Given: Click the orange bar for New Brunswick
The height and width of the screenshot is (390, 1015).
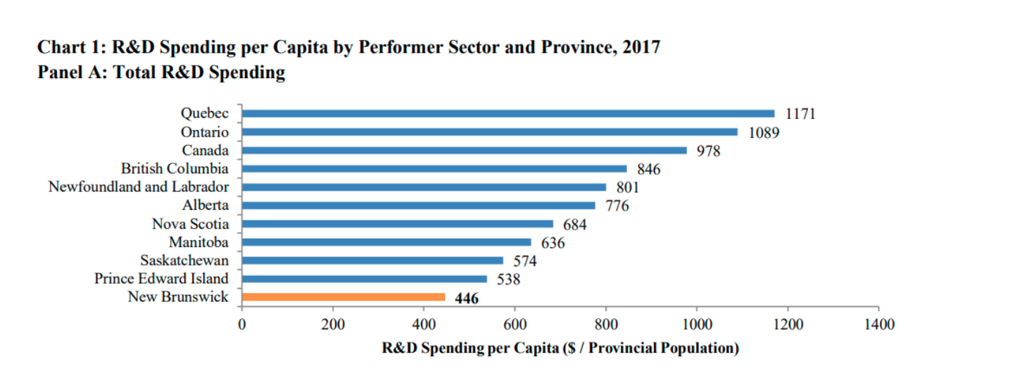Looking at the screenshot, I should coord(343,297).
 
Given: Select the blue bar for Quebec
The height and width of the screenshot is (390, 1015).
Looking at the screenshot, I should coord(507,113).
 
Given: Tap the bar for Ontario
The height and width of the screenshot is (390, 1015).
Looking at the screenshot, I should coord(489,132).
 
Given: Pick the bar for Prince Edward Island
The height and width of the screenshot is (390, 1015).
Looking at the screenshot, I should coord(364,279).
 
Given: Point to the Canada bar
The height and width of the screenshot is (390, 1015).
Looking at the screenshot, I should coord(464,150).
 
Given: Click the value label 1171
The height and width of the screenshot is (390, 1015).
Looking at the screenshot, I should coord(800,114).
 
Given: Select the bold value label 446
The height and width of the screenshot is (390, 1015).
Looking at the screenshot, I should coord(467,298).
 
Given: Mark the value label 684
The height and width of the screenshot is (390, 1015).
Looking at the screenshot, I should coord(574,225).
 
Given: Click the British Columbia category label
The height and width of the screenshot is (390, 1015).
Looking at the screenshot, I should coord(175,169).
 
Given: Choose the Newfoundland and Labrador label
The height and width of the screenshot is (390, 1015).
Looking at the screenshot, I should coord(139,187).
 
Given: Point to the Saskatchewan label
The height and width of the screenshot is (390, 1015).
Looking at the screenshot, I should coord(184,260).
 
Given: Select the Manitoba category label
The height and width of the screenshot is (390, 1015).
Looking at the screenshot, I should coord(198,242).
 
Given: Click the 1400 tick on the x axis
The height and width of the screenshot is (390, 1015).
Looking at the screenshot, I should coord(878,325).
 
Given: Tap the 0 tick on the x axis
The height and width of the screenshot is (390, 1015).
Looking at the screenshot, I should coord(241,325).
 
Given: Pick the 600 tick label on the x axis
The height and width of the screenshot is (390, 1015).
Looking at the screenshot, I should coord(515,325).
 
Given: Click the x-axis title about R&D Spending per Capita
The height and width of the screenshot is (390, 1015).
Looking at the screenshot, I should coord(560,348).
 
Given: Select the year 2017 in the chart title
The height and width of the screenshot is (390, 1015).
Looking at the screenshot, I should coord(641,48).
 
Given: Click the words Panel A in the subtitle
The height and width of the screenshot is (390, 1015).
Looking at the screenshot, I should coord(68,73).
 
